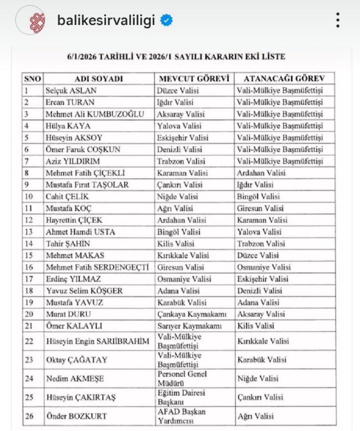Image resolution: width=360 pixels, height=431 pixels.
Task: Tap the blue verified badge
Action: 167,20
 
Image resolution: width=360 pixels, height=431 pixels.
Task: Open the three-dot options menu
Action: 338,20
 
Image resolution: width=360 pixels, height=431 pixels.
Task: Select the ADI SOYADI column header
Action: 98,79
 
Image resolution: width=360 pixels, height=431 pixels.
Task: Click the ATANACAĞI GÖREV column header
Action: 284,79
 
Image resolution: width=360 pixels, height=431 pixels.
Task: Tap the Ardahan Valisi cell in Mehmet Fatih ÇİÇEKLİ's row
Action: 261,173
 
